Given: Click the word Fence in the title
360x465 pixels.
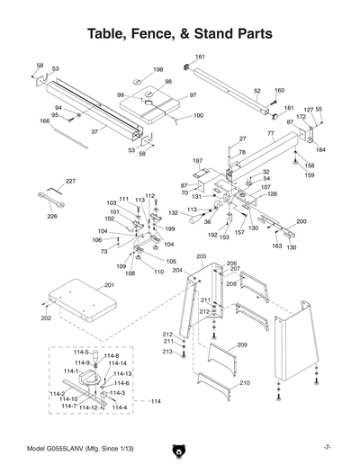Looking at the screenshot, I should click(167, 34).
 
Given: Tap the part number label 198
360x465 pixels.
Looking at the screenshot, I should click(157, 69).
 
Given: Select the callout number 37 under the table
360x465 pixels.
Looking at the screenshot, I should click(94, 131).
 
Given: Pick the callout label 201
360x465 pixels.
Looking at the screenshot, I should click(109, 285).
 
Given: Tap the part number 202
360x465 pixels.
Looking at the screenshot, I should click(45, 317).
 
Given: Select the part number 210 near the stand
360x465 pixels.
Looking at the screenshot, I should click(243, 384).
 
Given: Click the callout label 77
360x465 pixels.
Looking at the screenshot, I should click(271, 133).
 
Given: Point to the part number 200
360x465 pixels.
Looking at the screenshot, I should click(301, 221).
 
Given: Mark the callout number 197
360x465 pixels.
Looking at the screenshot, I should click(197, 161).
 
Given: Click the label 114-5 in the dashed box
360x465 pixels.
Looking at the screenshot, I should click(82, 353).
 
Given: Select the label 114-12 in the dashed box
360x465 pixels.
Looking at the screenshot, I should click(88, 408).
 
